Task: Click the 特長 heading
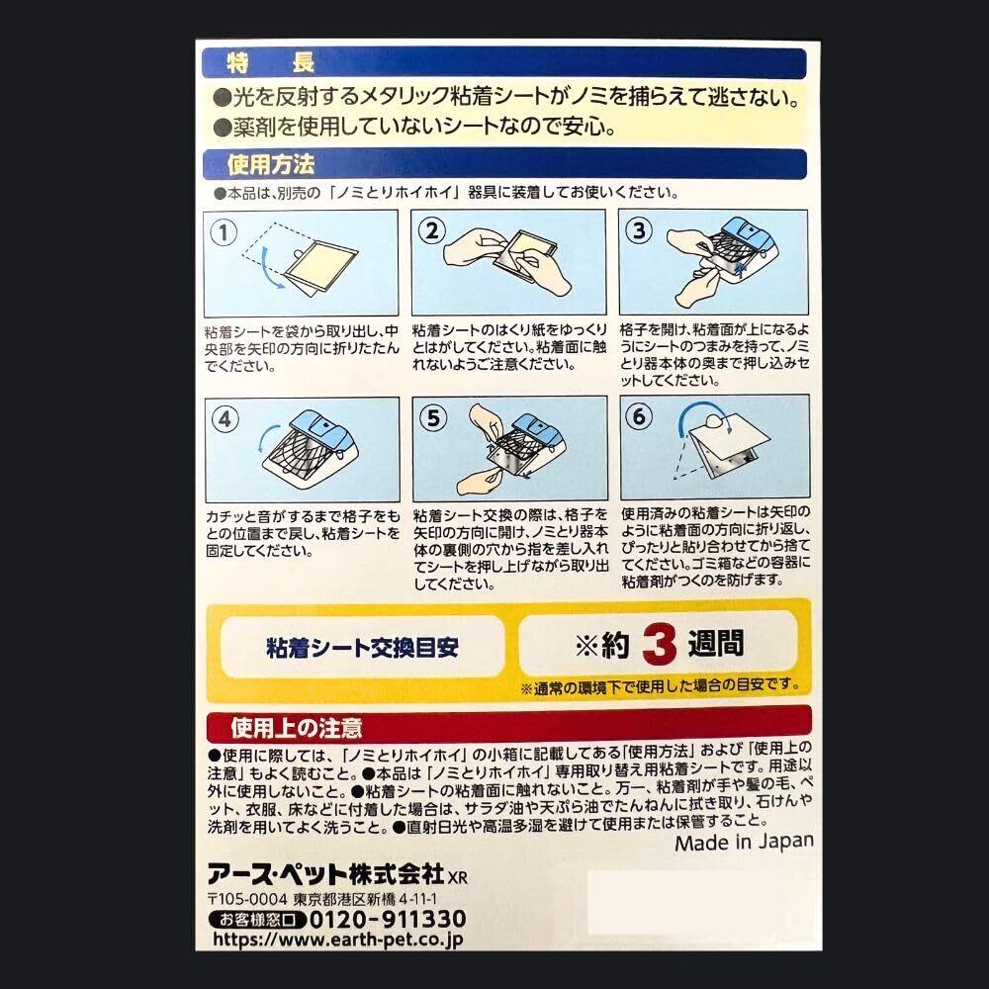[271, 63]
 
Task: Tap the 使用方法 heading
[271, 164]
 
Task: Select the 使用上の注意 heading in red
[296, 728]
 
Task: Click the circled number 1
[224, 232]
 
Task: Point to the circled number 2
[431, 230]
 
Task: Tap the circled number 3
[639, 230]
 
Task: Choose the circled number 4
[225, 419]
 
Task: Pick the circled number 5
[433, 418]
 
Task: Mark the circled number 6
[640, 416]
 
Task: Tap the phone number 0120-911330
[388, 919]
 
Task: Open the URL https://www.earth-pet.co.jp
[337, 940]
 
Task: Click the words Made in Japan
[744, 842]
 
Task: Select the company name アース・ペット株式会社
[326, 874]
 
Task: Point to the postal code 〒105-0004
[247, 899]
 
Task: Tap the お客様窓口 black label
[257, 919]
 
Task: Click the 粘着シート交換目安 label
[362, 647]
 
